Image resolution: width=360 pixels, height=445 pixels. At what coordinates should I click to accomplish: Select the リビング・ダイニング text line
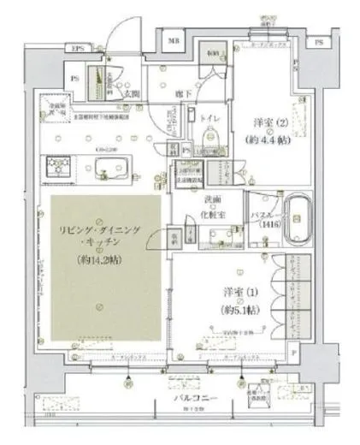(x=100, y=232)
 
